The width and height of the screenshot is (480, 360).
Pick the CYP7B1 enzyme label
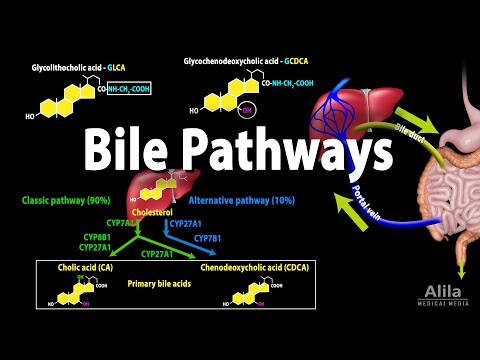pyautogui.click(x=208, y=238)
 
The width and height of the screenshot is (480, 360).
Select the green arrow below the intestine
pyautogui.click(x=461, y=267)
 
